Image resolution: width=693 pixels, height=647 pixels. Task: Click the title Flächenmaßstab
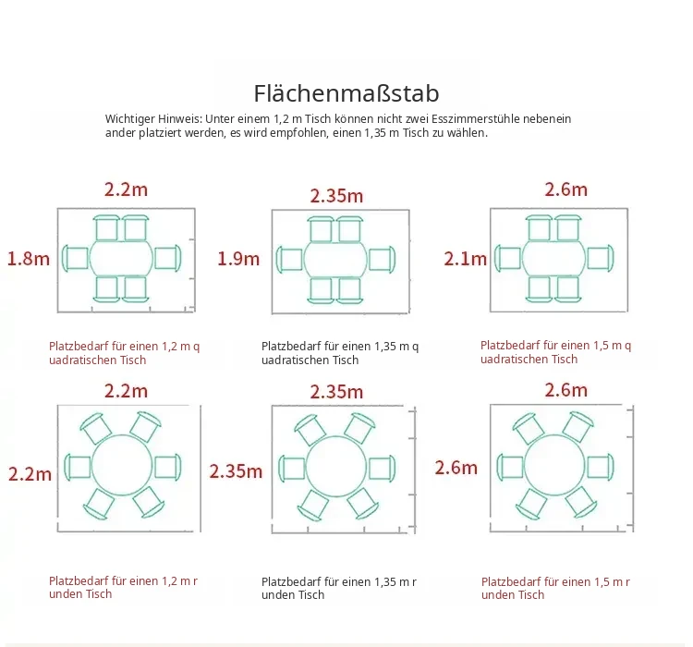coord(346,93)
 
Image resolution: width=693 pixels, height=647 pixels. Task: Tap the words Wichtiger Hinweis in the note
coord(152,119)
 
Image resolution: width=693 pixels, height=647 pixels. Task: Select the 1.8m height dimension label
coord(29,259)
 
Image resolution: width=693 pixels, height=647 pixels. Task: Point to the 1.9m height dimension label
coord(238,259)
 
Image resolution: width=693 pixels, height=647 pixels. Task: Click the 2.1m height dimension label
coord(466,259)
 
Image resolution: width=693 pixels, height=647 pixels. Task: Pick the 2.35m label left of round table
coord(236,471)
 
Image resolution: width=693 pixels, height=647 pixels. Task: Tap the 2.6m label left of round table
coord(456,468)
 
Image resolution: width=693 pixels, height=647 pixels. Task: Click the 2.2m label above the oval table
coord(126,189)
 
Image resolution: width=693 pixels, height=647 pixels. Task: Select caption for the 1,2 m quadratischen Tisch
coord(124,353)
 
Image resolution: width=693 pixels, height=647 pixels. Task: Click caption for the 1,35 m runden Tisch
coord(339,588)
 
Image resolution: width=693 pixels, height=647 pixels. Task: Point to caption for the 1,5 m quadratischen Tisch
coord(555,352)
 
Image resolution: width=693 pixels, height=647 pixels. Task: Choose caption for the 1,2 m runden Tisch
coord(123,587)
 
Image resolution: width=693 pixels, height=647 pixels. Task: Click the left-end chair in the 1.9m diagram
coord(289,259)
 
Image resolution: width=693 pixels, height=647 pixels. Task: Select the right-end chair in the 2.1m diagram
coord(601,258)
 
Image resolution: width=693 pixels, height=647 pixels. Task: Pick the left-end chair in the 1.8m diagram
coord(75,258)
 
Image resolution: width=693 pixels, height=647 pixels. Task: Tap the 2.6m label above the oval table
coord(566,189)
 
